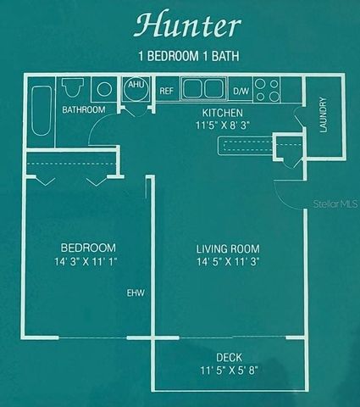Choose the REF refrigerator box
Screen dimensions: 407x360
166,90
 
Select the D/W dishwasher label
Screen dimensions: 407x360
241,90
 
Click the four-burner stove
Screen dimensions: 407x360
268,89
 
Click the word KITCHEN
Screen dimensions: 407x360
223,113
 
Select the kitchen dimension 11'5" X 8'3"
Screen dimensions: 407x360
223,125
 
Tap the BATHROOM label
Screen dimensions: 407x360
83,110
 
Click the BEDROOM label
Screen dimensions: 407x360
70,249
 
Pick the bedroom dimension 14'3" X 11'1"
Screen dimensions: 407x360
70,262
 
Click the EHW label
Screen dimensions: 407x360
136,293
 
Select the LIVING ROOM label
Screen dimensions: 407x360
227,249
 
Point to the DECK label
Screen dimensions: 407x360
229,358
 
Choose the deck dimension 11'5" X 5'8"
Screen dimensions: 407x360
229,371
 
